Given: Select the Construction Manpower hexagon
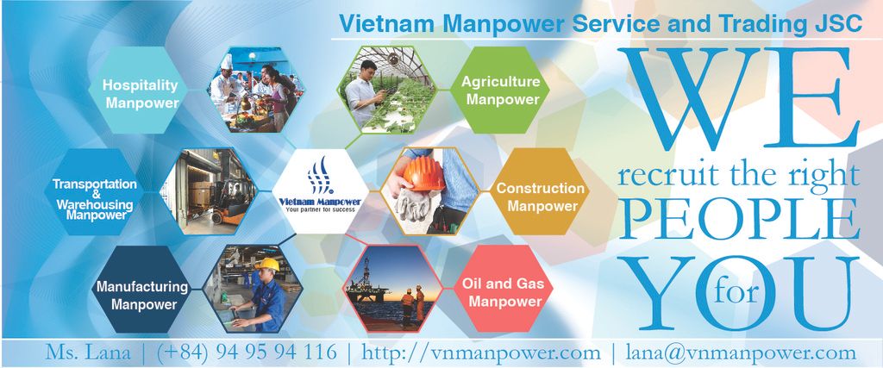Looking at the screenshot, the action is pos(540,191).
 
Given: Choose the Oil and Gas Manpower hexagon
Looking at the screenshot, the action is pos(504,289).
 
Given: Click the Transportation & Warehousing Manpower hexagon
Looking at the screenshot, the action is pos(93,191).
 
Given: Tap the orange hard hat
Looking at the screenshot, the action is pos(424,173).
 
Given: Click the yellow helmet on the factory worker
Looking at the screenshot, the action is pos(267,265).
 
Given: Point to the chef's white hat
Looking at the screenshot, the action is pos(227,61).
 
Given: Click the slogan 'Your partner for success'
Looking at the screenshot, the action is pos(320,209).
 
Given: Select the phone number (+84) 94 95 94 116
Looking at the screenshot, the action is pos(247,352).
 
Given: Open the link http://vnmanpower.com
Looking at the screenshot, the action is pos(481,352).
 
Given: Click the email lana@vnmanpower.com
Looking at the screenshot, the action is pos(741,352).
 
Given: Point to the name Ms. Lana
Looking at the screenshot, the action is pos(88,352).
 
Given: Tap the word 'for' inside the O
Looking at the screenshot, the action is pos(735,292).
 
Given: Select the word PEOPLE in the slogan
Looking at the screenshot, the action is pos(740,220).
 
